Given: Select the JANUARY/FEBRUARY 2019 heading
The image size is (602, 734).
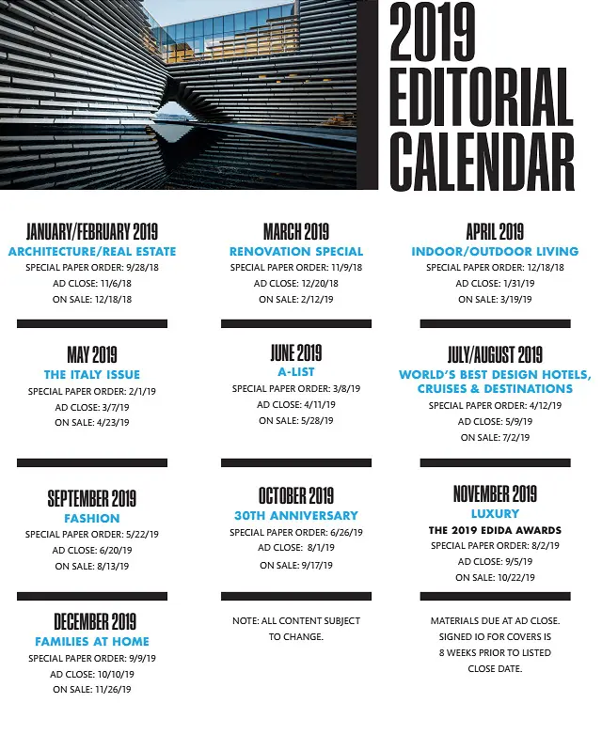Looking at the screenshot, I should click(92, 232).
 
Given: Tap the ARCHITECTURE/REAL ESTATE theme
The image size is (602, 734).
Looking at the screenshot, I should click(92, 252).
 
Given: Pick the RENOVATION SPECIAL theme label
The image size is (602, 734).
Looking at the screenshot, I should click(296, 252).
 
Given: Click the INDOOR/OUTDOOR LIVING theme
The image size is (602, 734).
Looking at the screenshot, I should click(495, 252).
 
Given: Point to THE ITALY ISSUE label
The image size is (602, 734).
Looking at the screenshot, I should click(92, 375).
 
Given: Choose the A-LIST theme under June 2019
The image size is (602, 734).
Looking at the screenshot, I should click(296, 372).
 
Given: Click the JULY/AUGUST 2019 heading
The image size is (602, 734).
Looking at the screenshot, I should click(495, 355).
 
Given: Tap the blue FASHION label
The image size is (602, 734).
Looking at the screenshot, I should click(92, 518).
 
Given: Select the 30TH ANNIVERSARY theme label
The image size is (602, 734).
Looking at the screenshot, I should click(296, 515).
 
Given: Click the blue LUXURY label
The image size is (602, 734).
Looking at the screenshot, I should click(495, 514).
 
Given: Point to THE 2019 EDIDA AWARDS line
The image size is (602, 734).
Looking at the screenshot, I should click(495, 530).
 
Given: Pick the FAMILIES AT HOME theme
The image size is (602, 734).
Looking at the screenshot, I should click(92, 642).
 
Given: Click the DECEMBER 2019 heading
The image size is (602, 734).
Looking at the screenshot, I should click(92, 621).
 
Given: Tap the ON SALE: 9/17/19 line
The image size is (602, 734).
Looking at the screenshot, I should click(296, 565).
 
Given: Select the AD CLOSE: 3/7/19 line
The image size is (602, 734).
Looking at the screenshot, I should click(92, 407).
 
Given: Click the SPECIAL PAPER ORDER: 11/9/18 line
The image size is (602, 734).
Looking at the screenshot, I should click(296, 268).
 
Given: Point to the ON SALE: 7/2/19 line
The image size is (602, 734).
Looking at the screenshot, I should click(495, 438).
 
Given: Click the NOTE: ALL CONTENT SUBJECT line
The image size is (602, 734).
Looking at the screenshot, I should click(296, 621).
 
